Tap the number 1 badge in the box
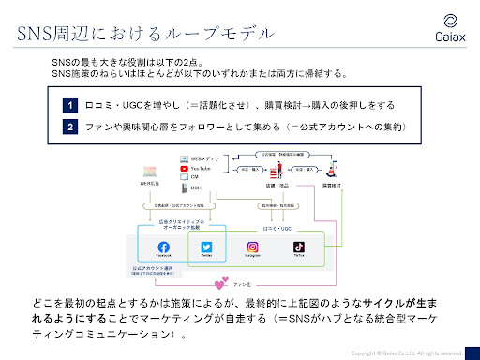(70, 106)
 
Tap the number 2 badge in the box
(70, 126)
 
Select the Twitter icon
(207, 248)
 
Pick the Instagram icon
(251, 248)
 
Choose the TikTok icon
(298, 248)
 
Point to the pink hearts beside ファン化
(221, 282)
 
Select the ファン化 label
(242, 282)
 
